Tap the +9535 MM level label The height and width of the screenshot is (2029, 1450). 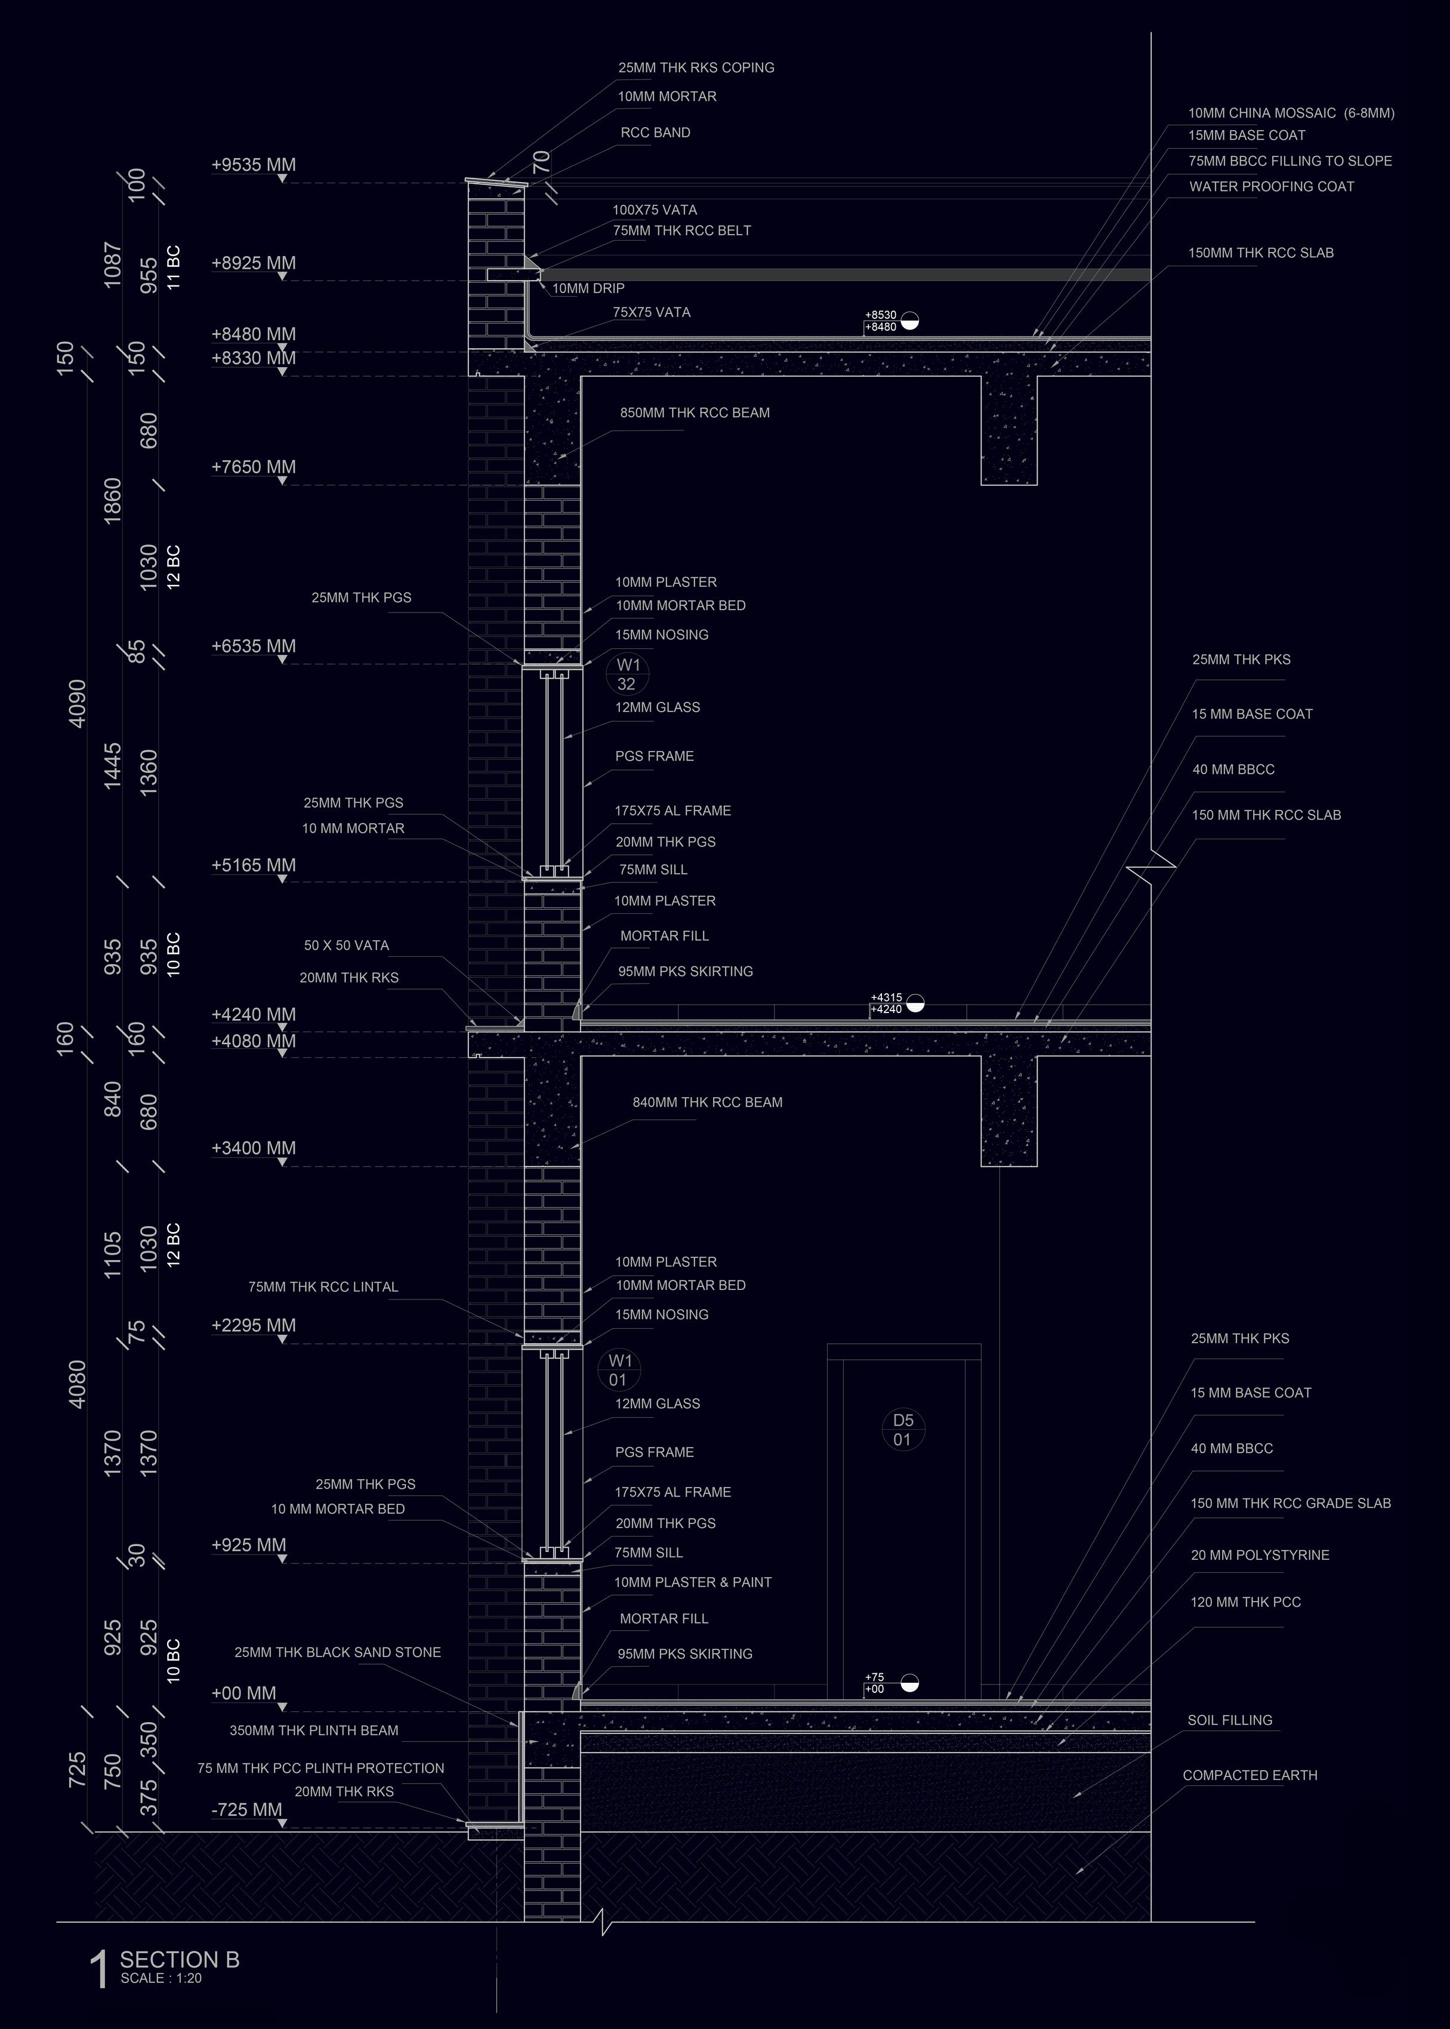coord(254,165)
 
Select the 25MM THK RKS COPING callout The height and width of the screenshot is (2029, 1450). coord(696,68)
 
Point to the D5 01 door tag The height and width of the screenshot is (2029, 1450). coord(903,1430)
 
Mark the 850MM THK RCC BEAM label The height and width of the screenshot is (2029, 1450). coord(695,412)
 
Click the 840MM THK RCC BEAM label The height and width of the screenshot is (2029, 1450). coord(707,1102)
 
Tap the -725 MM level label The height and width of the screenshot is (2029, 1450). coord(246,1810)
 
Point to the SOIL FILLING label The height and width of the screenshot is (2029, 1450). coord(1229,1720)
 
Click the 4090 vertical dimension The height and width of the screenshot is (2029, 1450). coord(78,704)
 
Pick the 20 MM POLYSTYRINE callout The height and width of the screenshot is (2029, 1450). coord(1259,1555)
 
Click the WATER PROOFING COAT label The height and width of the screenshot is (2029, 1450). coord(1272,187)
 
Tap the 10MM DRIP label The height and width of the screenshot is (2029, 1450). coord(588,288)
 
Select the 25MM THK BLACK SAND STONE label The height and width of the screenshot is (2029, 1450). coord(338,1652)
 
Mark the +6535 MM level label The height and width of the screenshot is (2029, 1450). coord(254,646)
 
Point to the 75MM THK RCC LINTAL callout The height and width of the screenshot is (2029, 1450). coord(323,1287)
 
